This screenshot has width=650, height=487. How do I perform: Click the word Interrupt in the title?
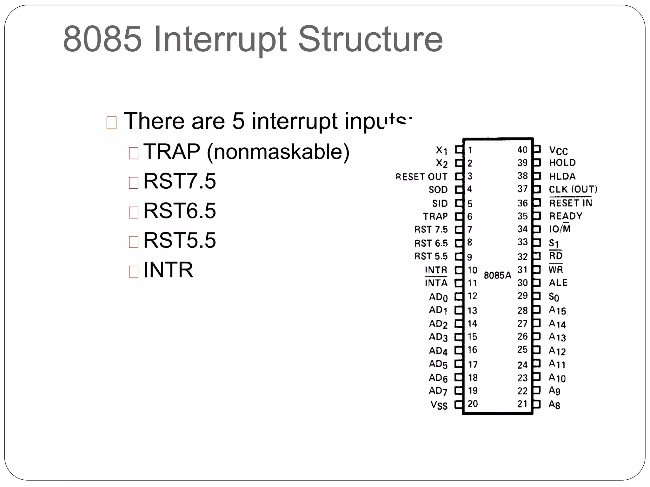220,40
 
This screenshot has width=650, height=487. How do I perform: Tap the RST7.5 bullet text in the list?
179,181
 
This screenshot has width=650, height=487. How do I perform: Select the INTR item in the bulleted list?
168,270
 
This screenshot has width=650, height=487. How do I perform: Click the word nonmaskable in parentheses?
278,152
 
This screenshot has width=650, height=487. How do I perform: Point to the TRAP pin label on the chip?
435,217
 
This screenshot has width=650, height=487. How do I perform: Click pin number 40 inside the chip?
522,150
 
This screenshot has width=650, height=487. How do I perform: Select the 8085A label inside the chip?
497,275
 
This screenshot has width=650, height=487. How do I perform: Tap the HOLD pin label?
562,163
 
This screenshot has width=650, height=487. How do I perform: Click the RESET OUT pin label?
421,177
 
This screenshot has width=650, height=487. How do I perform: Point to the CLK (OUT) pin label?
573,189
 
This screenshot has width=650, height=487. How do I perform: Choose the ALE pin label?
558,282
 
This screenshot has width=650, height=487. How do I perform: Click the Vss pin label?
439,405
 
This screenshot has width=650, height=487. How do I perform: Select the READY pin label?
566,216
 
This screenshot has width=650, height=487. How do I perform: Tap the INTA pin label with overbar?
436,282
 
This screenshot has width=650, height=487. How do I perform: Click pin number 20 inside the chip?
473,404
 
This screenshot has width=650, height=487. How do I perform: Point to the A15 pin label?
557,310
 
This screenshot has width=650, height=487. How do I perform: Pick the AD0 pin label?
438,297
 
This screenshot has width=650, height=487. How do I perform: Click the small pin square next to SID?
459,203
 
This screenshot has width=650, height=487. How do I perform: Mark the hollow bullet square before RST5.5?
134,242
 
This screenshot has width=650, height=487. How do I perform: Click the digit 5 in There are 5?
238,121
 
